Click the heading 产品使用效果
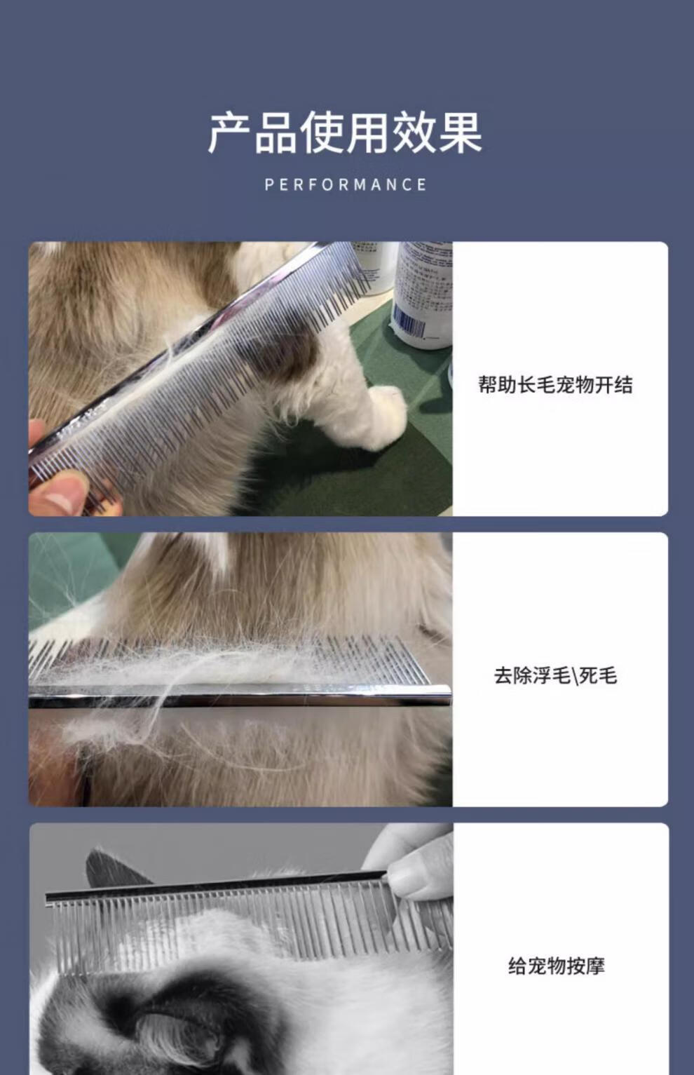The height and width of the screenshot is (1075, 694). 345,133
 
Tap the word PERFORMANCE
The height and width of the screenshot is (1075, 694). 346,184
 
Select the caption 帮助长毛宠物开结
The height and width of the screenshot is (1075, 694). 555,385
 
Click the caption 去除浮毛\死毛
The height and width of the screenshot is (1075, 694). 555,676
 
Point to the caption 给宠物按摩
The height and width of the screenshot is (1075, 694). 557,966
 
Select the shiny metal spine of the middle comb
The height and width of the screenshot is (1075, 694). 240,696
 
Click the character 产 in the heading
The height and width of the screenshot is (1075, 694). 230,133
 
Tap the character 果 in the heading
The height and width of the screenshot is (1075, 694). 461,133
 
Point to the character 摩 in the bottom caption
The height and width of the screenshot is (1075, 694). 595,966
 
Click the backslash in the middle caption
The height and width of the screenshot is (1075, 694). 573,676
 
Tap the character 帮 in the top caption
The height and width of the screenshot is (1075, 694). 488,385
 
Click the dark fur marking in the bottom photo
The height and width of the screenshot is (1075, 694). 158,1022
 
